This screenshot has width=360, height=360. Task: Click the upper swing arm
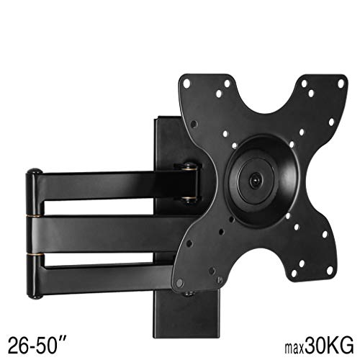coord(108,182)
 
